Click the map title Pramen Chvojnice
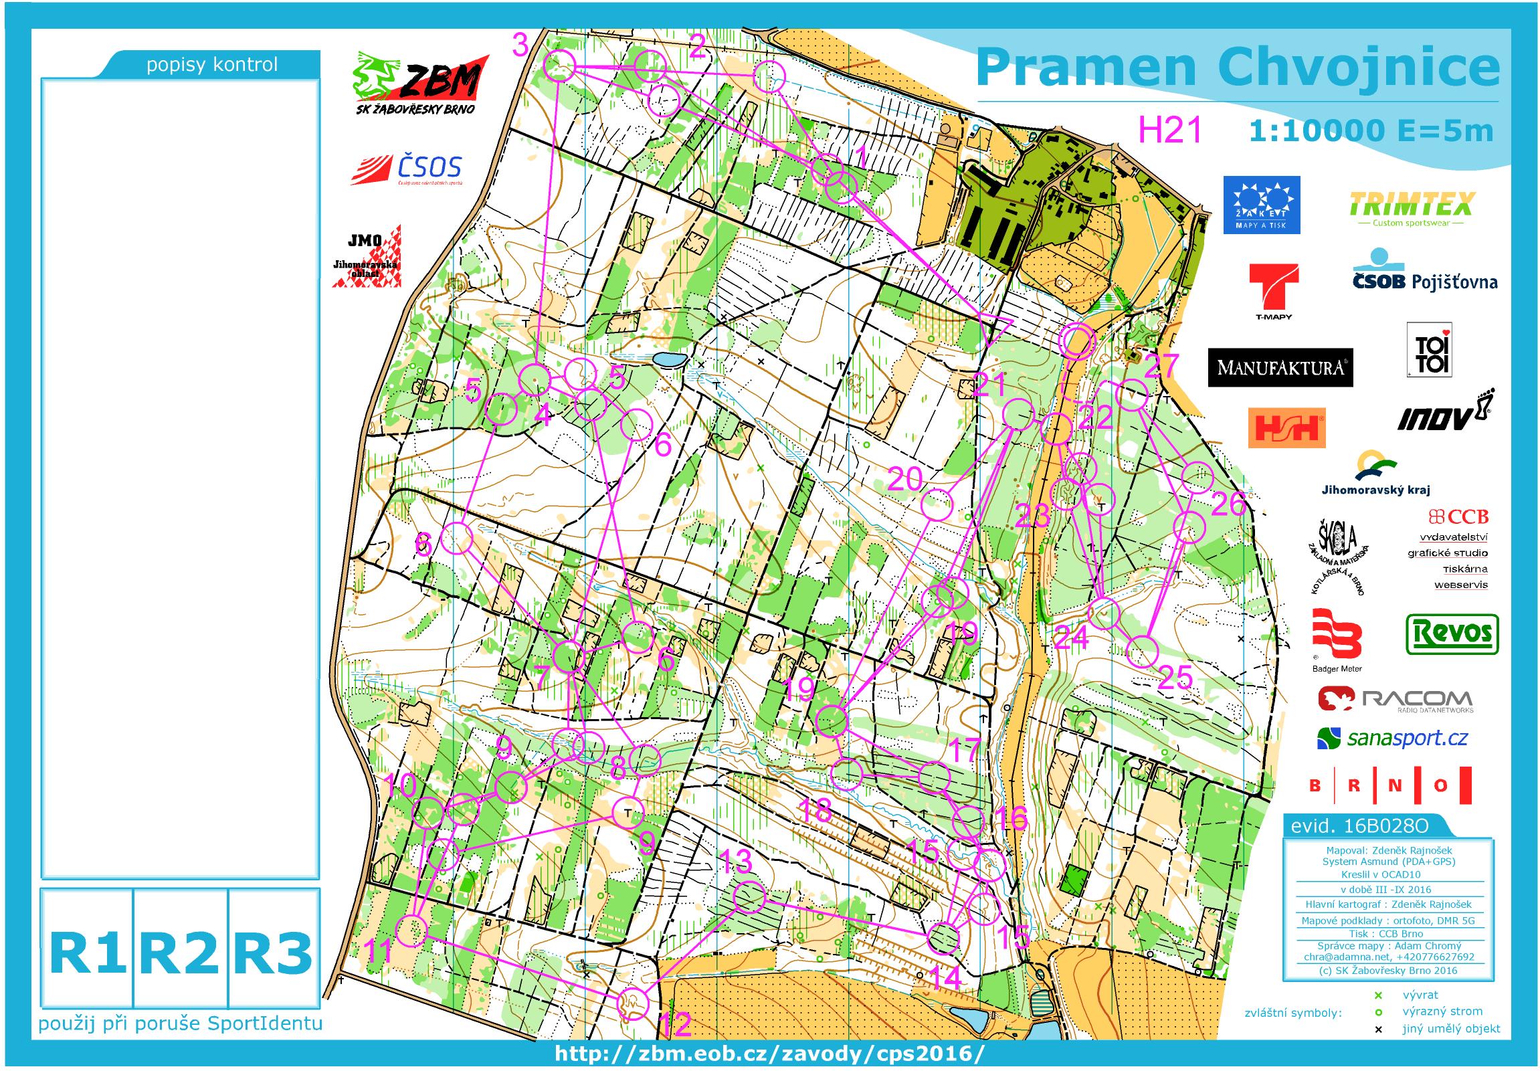click(x=1238, y=68)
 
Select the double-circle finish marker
click(x=1076, y=341)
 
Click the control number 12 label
click(x=676, y=1024)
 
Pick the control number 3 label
click(x=521, y=45)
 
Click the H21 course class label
click(x=1170, y=129)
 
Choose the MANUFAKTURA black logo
click(x=1280, y=367)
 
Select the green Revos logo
click(x=1452, y=633)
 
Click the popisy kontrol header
click(x=212, y=65)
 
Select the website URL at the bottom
click(x=769, y=1054)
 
